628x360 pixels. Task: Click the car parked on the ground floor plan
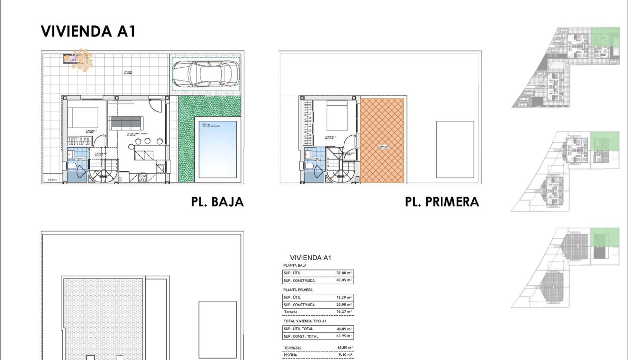206,74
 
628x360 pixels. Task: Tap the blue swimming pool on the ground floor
217,149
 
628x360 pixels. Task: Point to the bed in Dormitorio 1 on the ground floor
82,118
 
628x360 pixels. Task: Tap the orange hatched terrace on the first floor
382,140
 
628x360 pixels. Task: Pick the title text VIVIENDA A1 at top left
88,31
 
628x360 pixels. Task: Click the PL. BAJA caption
217,202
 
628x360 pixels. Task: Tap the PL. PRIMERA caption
441,202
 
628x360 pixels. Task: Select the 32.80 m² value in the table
344,273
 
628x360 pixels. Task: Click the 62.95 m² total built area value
344,336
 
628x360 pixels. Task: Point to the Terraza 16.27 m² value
344,312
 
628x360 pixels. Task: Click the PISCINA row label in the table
290,355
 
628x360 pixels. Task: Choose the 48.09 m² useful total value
344,329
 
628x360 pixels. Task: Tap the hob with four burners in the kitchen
142,178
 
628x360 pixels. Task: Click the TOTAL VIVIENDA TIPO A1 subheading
305,321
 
